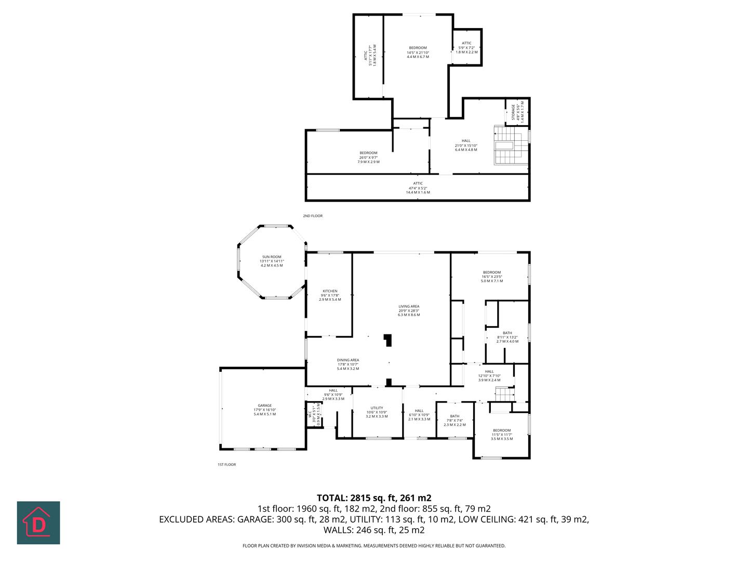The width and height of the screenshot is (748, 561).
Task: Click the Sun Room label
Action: point(272,261)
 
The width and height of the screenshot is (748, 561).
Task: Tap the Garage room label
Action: point(264,410)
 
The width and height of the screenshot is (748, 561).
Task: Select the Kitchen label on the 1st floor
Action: point(330,295)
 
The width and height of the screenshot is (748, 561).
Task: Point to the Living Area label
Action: point(409,310)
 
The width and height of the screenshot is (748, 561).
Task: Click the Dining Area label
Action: point(348,364)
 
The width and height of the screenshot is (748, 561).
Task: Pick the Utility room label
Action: point(377,412)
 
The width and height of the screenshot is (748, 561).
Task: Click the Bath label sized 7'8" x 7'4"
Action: point(455,420)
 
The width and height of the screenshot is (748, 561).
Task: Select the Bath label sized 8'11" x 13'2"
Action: point(507,337)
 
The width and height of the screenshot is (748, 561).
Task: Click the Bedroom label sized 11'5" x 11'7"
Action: point(502,434)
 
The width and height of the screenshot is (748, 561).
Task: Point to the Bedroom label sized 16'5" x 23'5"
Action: point(492,276)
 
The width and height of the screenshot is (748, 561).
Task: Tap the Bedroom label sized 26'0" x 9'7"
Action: point(368,157)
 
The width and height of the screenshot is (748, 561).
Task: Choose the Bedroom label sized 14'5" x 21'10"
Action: point(418,52)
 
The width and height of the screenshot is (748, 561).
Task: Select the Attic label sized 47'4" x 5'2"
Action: point(418,188)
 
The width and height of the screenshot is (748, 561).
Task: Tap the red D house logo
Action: point(38,523)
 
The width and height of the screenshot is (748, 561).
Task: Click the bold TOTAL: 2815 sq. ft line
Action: point(374,498)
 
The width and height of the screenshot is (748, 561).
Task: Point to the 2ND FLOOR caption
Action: point(313,216)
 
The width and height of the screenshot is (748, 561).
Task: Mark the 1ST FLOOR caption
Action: point(226,464)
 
